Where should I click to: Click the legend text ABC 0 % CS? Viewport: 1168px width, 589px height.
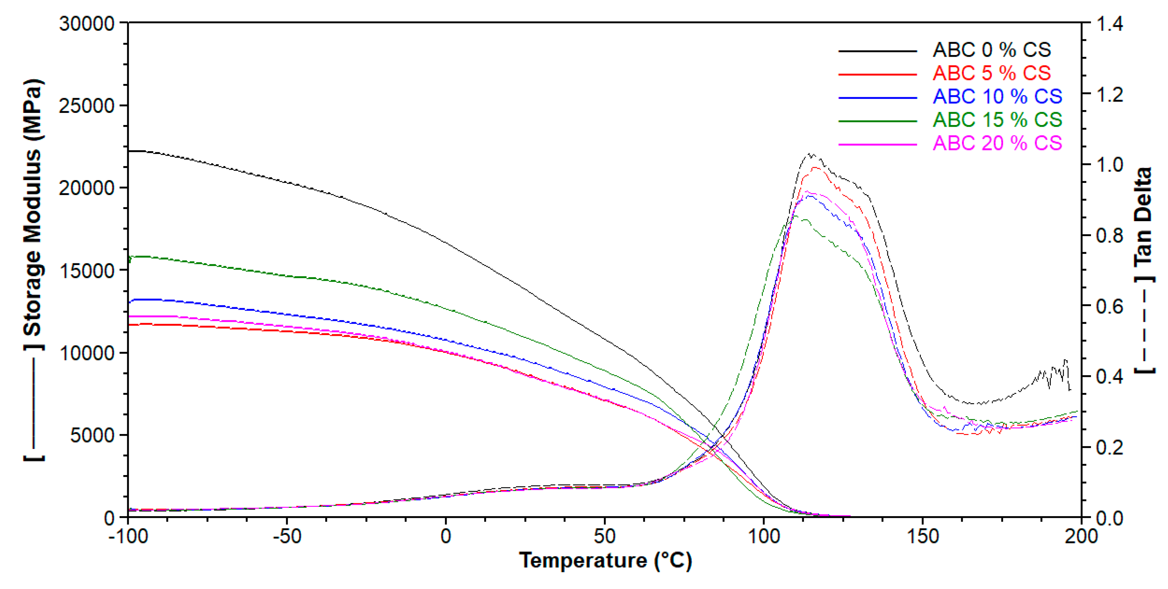991,50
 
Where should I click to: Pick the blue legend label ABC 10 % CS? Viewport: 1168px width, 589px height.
997,96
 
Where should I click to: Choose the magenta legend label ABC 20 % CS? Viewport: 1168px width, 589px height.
997,144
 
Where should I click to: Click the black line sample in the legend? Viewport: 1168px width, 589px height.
877,51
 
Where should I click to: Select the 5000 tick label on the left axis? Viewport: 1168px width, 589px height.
92,435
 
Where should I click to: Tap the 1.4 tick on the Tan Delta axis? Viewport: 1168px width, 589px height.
1109,24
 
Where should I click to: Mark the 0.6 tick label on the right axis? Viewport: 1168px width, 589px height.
1109,306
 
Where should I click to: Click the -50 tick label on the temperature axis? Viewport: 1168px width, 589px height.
287,536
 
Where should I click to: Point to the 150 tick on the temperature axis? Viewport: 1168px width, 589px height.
922,536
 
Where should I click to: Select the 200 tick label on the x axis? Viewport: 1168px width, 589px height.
1081,536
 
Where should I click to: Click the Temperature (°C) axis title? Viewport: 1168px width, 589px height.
605,561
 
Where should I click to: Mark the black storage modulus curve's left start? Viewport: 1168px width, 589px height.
130,151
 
